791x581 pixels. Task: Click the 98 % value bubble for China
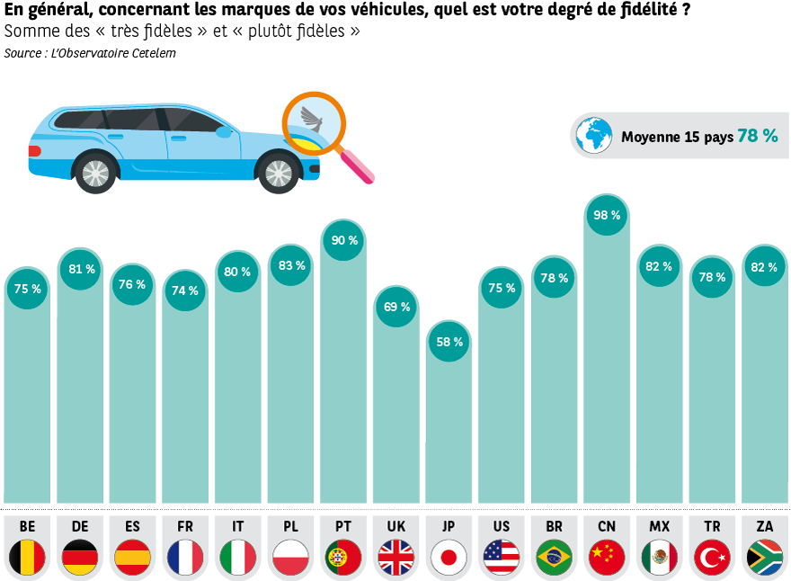coord(607,216)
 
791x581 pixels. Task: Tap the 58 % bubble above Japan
coord(449,342)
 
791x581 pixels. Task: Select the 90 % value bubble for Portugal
coord(344,240)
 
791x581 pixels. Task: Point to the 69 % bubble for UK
coord(396,307)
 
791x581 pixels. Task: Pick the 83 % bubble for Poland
coord(292,265)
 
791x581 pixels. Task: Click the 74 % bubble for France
coord(185,290)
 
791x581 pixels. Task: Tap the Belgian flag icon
coord(28,558)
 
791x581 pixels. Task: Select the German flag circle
coord(80,558)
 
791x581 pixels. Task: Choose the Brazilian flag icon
coord(555,558)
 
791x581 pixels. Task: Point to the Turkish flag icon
coord(713,558)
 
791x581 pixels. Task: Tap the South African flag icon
coord(765,558)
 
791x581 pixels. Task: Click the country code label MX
coord(659,526)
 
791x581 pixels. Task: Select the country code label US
coord(502,526)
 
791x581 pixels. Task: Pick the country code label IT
coord(238,526)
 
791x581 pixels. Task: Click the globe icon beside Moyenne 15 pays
coord(594,137)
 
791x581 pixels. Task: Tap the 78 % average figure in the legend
coord(757,136)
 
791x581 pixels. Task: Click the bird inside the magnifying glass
coord(312,121)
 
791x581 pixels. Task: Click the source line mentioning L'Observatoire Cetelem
coord(90,53)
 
